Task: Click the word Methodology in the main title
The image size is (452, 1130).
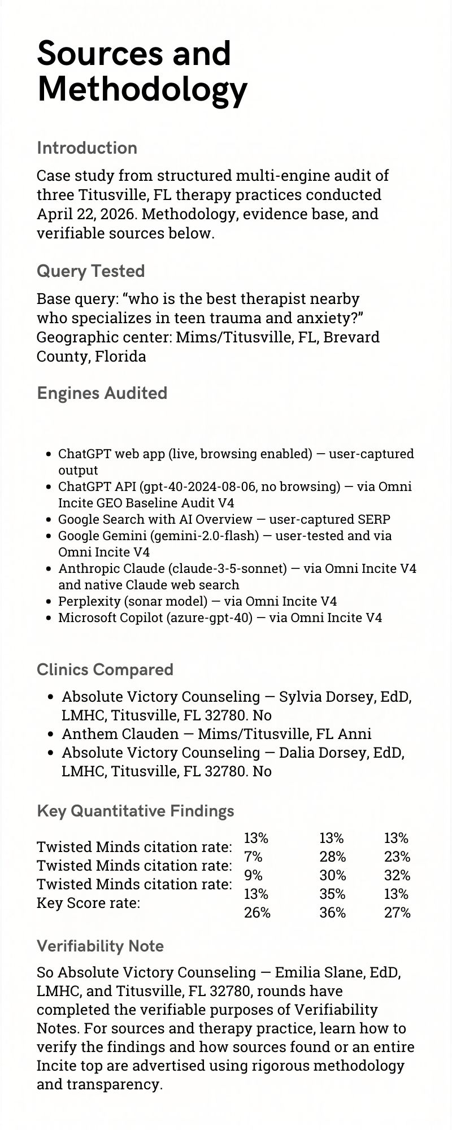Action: click(x=142, y=89)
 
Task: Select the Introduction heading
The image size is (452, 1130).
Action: click(x=87, y=148)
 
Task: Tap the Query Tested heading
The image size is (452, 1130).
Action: click(x=90, y=271)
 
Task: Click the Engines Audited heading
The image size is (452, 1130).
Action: click(x=102, y=393)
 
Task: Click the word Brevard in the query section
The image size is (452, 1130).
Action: click(x=354, y=337)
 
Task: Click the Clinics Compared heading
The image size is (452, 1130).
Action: click(x=105, y=670)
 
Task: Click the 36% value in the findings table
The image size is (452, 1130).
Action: click(x=333, y=912)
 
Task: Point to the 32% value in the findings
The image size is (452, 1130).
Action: click(x=397, y=875)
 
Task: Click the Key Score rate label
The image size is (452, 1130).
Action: click(x=88, y=903)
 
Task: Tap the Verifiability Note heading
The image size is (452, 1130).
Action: click(x=100, y=946)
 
